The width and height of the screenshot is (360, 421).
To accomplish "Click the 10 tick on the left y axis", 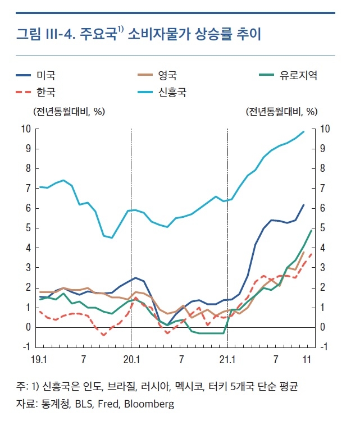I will point(25,129).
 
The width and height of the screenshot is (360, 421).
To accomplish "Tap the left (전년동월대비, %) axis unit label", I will point(69,111).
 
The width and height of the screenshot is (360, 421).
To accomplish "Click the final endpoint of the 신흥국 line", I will point(304,131).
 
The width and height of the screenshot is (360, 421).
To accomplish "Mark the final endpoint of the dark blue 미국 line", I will point(304,205).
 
